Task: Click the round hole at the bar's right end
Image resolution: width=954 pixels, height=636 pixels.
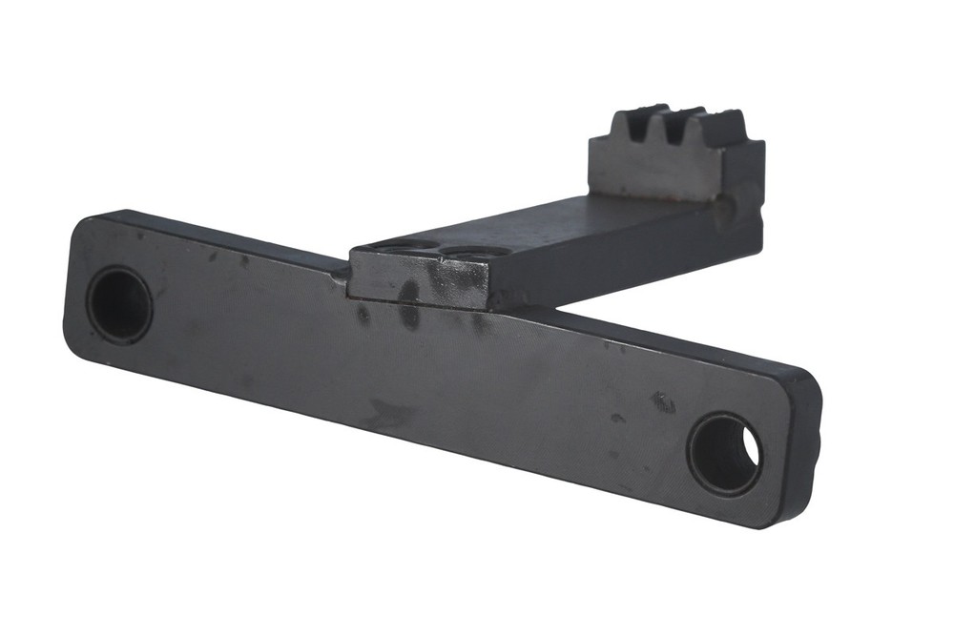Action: [725, 454]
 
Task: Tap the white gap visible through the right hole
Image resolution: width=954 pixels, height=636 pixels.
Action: [751, 447]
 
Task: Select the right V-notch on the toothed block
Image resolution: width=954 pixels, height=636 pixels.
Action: [679, 129]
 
